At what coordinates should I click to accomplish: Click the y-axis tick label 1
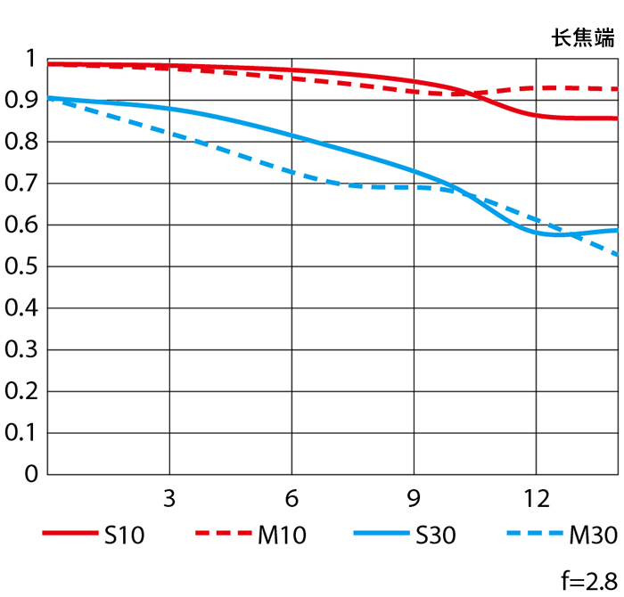[x=31, y=60]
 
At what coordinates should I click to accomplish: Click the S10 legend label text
[x=124, y=535]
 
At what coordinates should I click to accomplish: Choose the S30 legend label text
[x=435, y=535]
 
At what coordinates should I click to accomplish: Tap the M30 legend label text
[x=593, y=535]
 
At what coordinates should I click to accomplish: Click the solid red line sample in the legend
[x=69, y=534]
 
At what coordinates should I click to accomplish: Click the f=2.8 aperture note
[x=589, y=582]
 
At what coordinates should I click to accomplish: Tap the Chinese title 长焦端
[x=584, y=37]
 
